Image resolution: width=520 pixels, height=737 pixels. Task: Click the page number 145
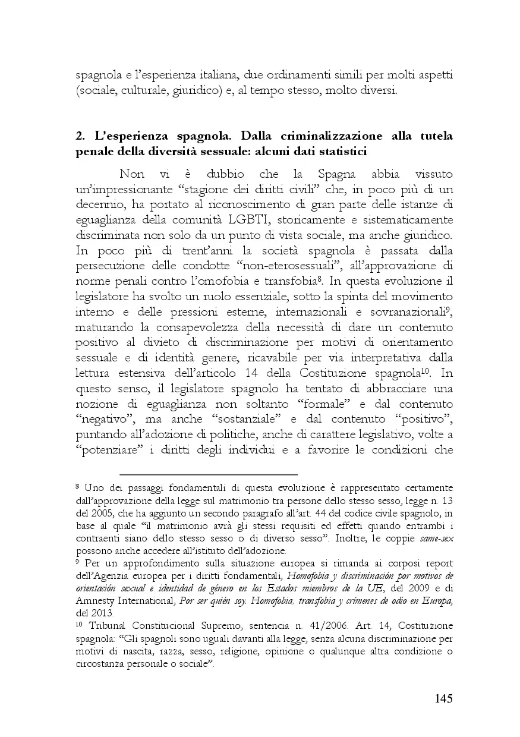coord(440,698)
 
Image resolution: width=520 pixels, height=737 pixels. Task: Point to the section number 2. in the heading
coord(81,136)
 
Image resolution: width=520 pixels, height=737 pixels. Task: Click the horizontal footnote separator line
coord(208,474)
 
